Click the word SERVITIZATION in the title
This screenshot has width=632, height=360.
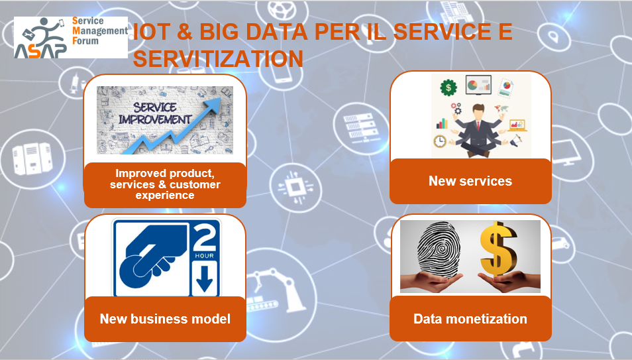point(218,59)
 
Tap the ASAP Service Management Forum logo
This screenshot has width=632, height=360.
point(71,38)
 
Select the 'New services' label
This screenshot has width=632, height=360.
point(470,181)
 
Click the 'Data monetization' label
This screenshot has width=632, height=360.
point(470,319)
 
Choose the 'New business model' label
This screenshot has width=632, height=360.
point(165,319)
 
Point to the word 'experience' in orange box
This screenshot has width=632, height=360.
point(165,196)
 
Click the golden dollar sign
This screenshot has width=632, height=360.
point(498,249)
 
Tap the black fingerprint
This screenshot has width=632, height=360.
point(439,249)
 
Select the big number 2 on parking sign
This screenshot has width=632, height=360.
point(205,237)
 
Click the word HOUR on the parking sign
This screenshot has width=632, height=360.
point(205,256)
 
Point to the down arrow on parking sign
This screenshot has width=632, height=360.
point(204,278)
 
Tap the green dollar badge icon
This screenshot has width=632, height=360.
point(448,88)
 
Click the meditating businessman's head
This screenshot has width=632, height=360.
point(478,112)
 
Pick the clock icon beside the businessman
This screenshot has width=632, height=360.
point(440,141)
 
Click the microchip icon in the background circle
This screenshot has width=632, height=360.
point(295,187)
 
